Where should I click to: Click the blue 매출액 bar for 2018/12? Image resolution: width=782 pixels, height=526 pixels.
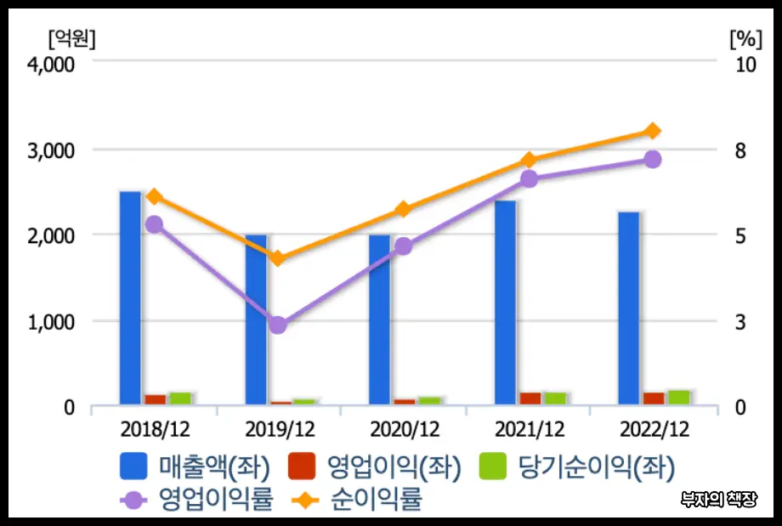point(130,297)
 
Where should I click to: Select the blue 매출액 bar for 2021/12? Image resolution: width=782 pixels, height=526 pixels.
point(505,302)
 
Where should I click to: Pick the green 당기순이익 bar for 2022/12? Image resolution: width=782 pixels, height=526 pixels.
point(678,397)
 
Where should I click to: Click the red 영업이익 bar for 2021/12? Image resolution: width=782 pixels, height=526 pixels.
point(530,399)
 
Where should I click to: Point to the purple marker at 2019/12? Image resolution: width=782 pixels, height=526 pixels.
point(278,325)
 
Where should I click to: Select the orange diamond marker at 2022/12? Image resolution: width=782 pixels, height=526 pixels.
point(653,131)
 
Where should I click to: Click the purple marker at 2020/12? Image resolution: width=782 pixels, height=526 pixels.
point(403,246)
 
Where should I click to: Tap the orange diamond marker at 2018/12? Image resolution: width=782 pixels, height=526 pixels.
point(154,197)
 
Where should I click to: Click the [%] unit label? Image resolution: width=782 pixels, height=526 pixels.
point(745,37)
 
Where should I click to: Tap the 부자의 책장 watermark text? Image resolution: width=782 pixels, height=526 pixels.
point(719,500)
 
